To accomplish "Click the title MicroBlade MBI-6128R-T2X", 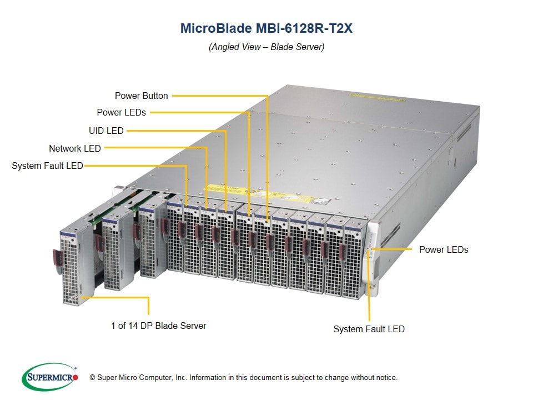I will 266,28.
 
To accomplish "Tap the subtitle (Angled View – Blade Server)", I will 266,47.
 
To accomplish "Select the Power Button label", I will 141,96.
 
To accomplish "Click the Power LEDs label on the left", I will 121,112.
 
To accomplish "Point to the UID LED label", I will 106,131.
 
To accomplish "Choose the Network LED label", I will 75,148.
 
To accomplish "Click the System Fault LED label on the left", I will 47,166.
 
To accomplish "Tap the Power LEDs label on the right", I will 444,249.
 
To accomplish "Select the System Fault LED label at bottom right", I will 369,329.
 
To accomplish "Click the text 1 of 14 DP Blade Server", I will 158,326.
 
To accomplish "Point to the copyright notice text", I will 244,378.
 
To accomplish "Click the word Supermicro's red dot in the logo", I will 76,377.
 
